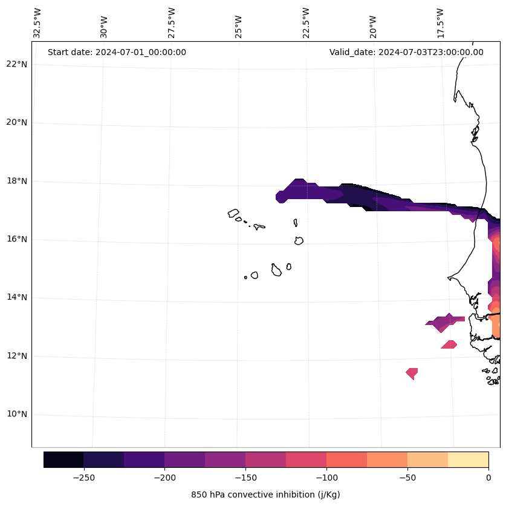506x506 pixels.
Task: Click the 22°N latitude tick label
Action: click(x=17, y=64)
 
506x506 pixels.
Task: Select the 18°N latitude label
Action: click(x=17, y=181)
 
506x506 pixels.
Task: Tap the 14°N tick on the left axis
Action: click(x=17, y=297)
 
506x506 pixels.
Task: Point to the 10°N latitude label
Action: click(x=17, y=414)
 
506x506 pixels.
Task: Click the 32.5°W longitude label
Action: click(x=37, y=23)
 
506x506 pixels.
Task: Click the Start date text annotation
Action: click(x=117, y=52)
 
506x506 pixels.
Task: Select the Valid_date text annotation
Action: click(x=406, y=52)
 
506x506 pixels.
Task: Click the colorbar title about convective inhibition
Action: click(x=265, y=494)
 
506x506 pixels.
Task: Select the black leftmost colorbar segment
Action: click(x=63, y=459)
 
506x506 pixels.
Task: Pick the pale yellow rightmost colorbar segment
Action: click(x=468, y=459)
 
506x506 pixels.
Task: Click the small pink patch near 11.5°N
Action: click(x=412, y=373)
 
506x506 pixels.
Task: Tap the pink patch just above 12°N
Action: click(x=449, y=344)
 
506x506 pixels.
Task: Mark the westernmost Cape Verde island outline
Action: click(x=234, y=213)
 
